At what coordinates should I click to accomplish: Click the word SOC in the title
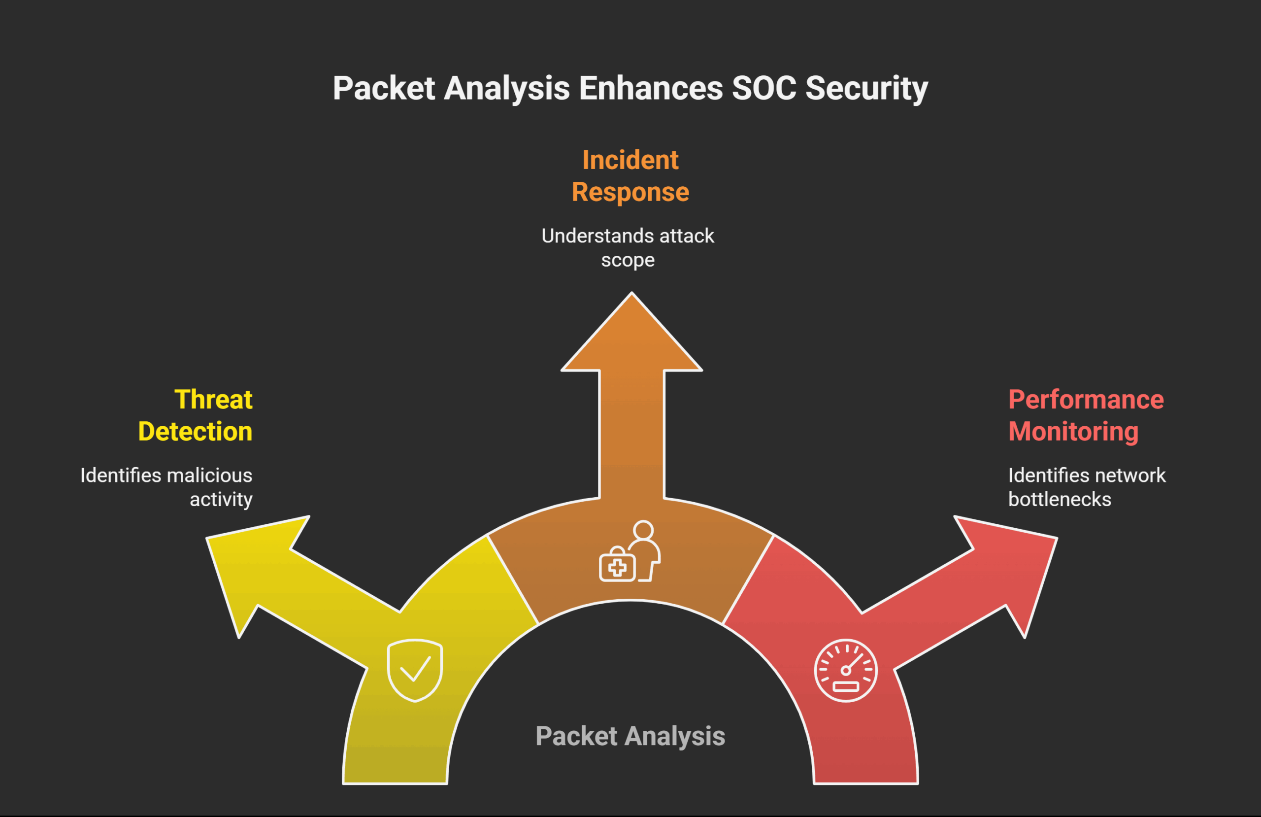763,88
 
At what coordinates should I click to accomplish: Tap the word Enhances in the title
651,88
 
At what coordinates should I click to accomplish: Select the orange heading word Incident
630,160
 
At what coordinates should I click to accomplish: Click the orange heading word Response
630,192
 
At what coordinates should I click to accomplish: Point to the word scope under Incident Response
628,260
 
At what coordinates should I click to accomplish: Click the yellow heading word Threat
213,399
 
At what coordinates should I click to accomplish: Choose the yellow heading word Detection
195,432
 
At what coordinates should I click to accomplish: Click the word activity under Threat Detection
221,500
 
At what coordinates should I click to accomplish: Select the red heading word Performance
1086,399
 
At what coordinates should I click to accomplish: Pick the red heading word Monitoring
1073,432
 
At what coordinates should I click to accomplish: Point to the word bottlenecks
1060,500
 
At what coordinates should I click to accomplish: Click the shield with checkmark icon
415,670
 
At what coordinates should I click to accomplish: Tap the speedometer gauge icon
846,671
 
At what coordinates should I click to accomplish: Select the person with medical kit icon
630,552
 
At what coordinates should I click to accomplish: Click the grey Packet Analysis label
630,736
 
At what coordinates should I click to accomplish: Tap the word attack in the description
687,236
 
